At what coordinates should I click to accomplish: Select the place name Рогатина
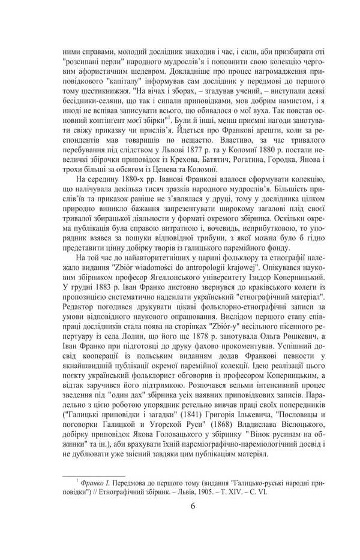[x=225, y=158]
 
